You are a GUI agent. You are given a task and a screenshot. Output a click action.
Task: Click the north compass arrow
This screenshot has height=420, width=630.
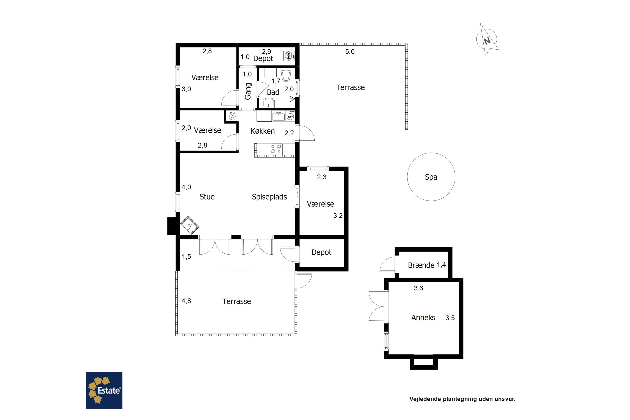pos(487,40)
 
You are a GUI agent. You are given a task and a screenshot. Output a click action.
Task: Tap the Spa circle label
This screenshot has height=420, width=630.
pos(431,177)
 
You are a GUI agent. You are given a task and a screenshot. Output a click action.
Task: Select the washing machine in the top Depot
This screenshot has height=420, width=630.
pos(289,56)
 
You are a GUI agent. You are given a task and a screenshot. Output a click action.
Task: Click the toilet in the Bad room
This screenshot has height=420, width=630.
pos(286,75)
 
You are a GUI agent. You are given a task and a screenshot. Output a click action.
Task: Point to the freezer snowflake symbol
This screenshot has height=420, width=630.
pos(232,116)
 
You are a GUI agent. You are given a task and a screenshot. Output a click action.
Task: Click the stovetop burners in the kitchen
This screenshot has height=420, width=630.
pos(276,149)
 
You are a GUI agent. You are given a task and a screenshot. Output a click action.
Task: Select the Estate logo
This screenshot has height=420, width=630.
pos(104,390)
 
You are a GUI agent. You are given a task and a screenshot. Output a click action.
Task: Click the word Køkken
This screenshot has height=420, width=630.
pos(263,131)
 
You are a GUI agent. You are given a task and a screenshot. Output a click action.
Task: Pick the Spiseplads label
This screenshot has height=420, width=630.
pos(269,197)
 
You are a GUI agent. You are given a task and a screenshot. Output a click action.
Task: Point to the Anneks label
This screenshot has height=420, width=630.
pos(423,318)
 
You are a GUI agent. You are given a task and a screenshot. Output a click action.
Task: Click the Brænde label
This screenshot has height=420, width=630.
pos(421,265)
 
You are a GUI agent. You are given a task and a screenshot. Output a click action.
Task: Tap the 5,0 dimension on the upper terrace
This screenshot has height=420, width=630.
pos(350,52)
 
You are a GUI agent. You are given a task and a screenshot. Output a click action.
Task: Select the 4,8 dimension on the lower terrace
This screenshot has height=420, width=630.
pos(186,301)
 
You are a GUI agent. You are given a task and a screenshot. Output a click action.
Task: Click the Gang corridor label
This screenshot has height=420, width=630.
pos(248,91)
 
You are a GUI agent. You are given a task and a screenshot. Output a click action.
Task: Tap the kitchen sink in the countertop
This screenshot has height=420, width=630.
pos(278,117)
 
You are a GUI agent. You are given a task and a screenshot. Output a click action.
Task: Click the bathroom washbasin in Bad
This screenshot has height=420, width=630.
pos(269,103)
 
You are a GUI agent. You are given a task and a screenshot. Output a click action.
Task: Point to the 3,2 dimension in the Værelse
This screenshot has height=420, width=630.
pos(338,216)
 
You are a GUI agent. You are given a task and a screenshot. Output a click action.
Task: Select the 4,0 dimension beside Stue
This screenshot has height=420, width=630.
pos(186,187)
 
